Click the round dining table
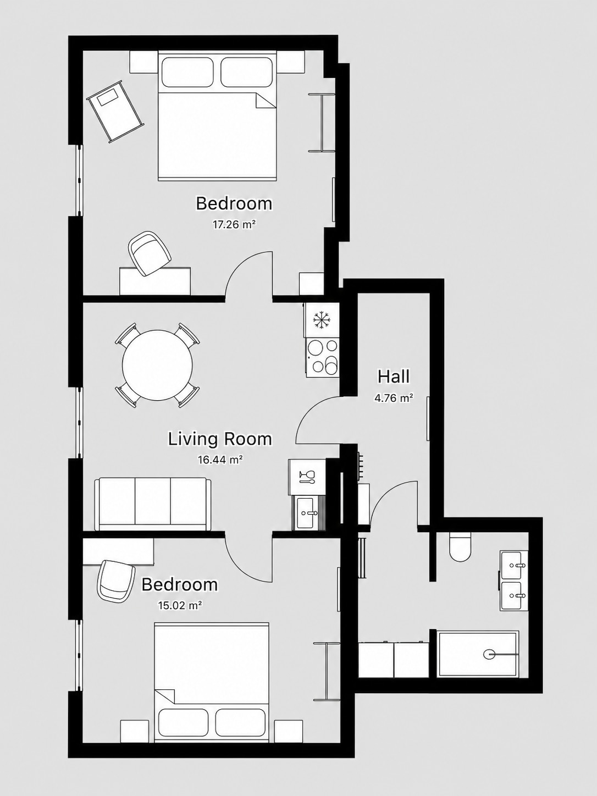pyautogui.click(x=158, y=365)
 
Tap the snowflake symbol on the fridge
pyautogui.click(x=320, y=320)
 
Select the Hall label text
pyautogui.click(x=394, y=377)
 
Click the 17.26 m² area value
pyautogui.click(x=234, y=224)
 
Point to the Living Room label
pyautogui.click(x=220, y=439)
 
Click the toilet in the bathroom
pyautogui.click(x=460, y=547)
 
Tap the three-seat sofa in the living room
pyautogui.click(x=153, y=504)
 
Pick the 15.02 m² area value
pyautogui.click(x=179, y=605)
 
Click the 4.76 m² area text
pyautogui.click(x=394, y=398)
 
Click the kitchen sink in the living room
pyautogui.click(x=305, y=513)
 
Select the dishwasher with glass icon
pyautogui.click(x=307, y=477)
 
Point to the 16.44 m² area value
pyautogui.click(x=220, y=460)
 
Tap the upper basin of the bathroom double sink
pyautogui.click(x=511, y=565)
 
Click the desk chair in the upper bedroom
pyautogui.click(x=150, y=253)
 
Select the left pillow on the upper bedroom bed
pyautogui.click(x=187, y=73)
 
